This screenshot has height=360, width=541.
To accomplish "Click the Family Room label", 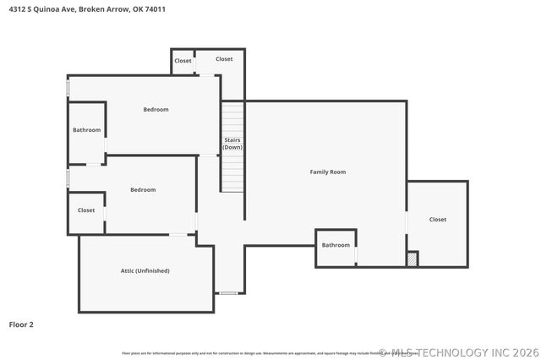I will [x=327, y=172].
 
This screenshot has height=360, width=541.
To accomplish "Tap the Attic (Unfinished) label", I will [x=145, y=270].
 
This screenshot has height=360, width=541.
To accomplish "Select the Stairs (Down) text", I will [x=232, y=143].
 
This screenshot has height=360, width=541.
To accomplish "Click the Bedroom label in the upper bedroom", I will [x=156, y=109].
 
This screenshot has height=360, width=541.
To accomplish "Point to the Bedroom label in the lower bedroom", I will [x=143, y=189].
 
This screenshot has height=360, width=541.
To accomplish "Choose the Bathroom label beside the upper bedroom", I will [x=86, y=130].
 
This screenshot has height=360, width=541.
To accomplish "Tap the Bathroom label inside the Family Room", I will [x=336, y=245].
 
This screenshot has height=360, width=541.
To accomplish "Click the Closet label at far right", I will [x=437, y=219].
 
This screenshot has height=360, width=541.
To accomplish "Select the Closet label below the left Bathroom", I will [x=86, y=210].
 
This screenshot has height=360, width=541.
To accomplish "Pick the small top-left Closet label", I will [x=183, y=60].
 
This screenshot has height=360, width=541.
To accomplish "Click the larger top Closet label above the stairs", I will [x=224, y=59].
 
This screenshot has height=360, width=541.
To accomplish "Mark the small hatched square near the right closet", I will [x=412, y=259].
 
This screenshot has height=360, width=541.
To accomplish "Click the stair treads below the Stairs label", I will [x=232, y=173].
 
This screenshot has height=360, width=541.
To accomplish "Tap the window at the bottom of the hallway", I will [x=227, y=293].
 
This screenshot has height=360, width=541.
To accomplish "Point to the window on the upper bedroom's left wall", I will [x=68, y=88].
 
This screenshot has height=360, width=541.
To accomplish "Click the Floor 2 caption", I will [x=21, y=324].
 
